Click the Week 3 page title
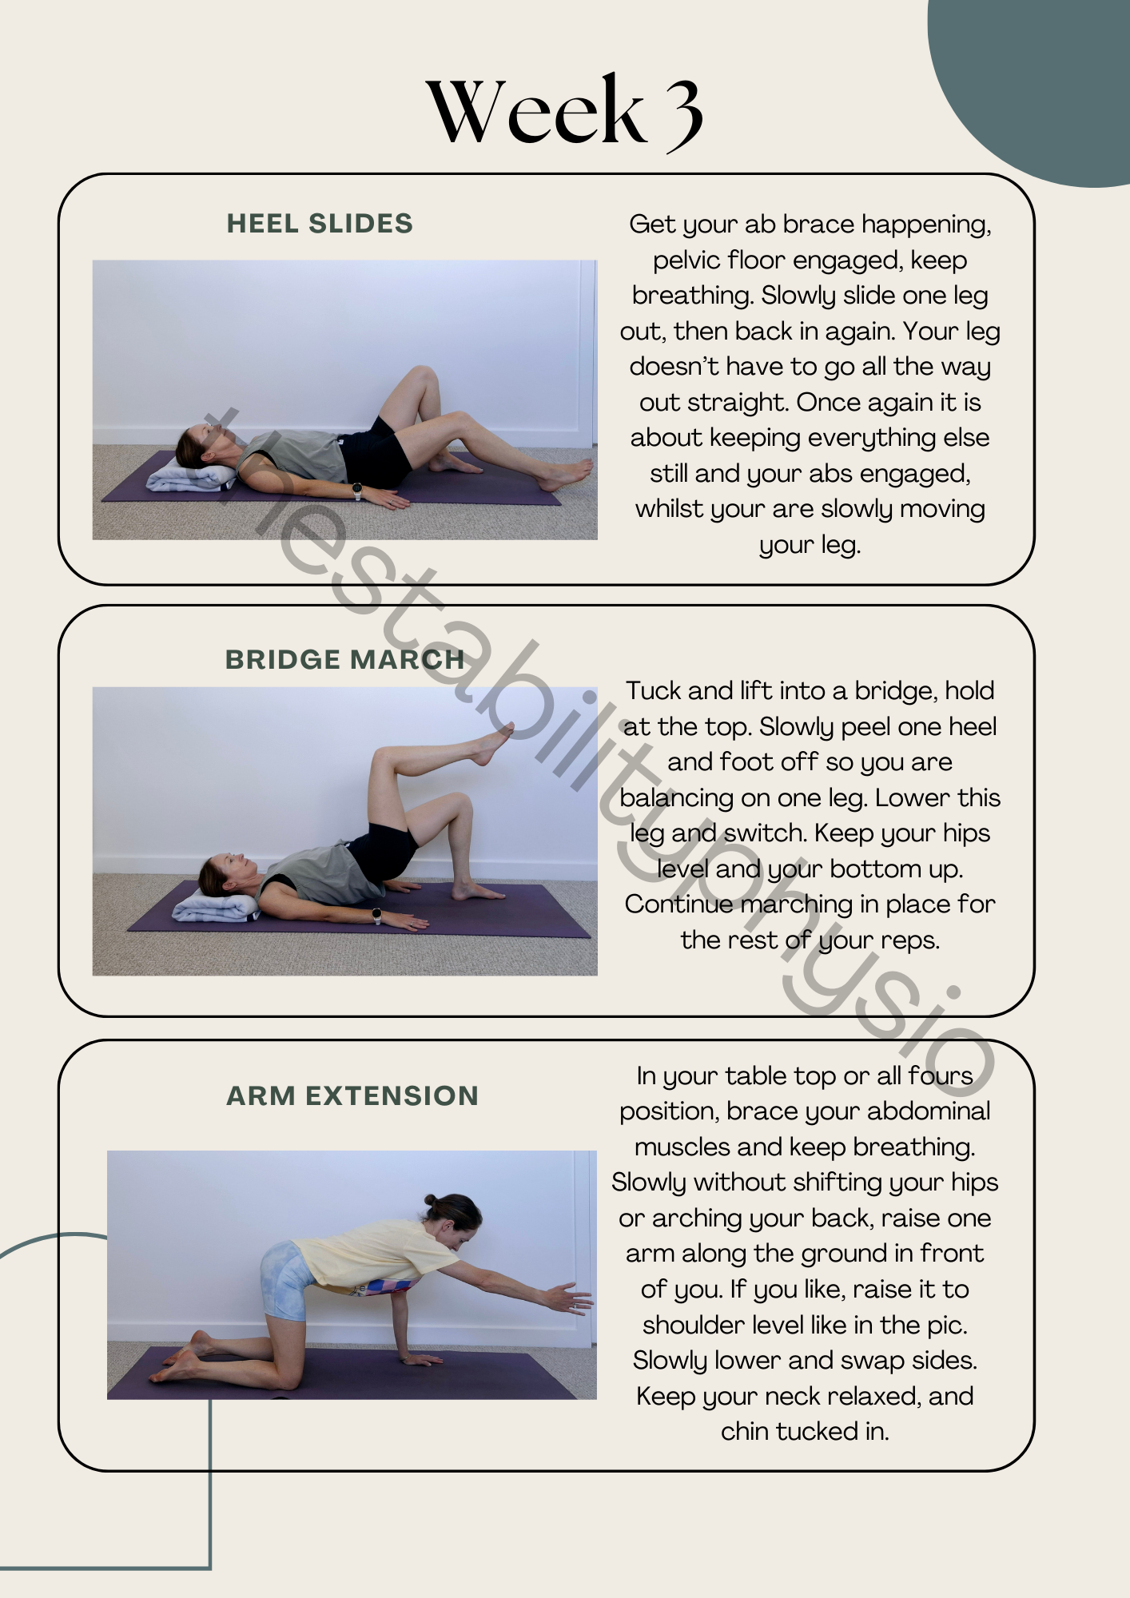pyautogui.click(x=564, y=111)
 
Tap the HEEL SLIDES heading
pyautogui.click(x=320, y=224)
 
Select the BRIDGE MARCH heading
pyautogui.click(x=344, y=659)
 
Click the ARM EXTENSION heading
pyautogui.click(x=352, y=1095)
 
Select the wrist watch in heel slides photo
pyautogui.click(x=357, y=491)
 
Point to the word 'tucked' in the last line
pyautogui.click(x=815, y=1431)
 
